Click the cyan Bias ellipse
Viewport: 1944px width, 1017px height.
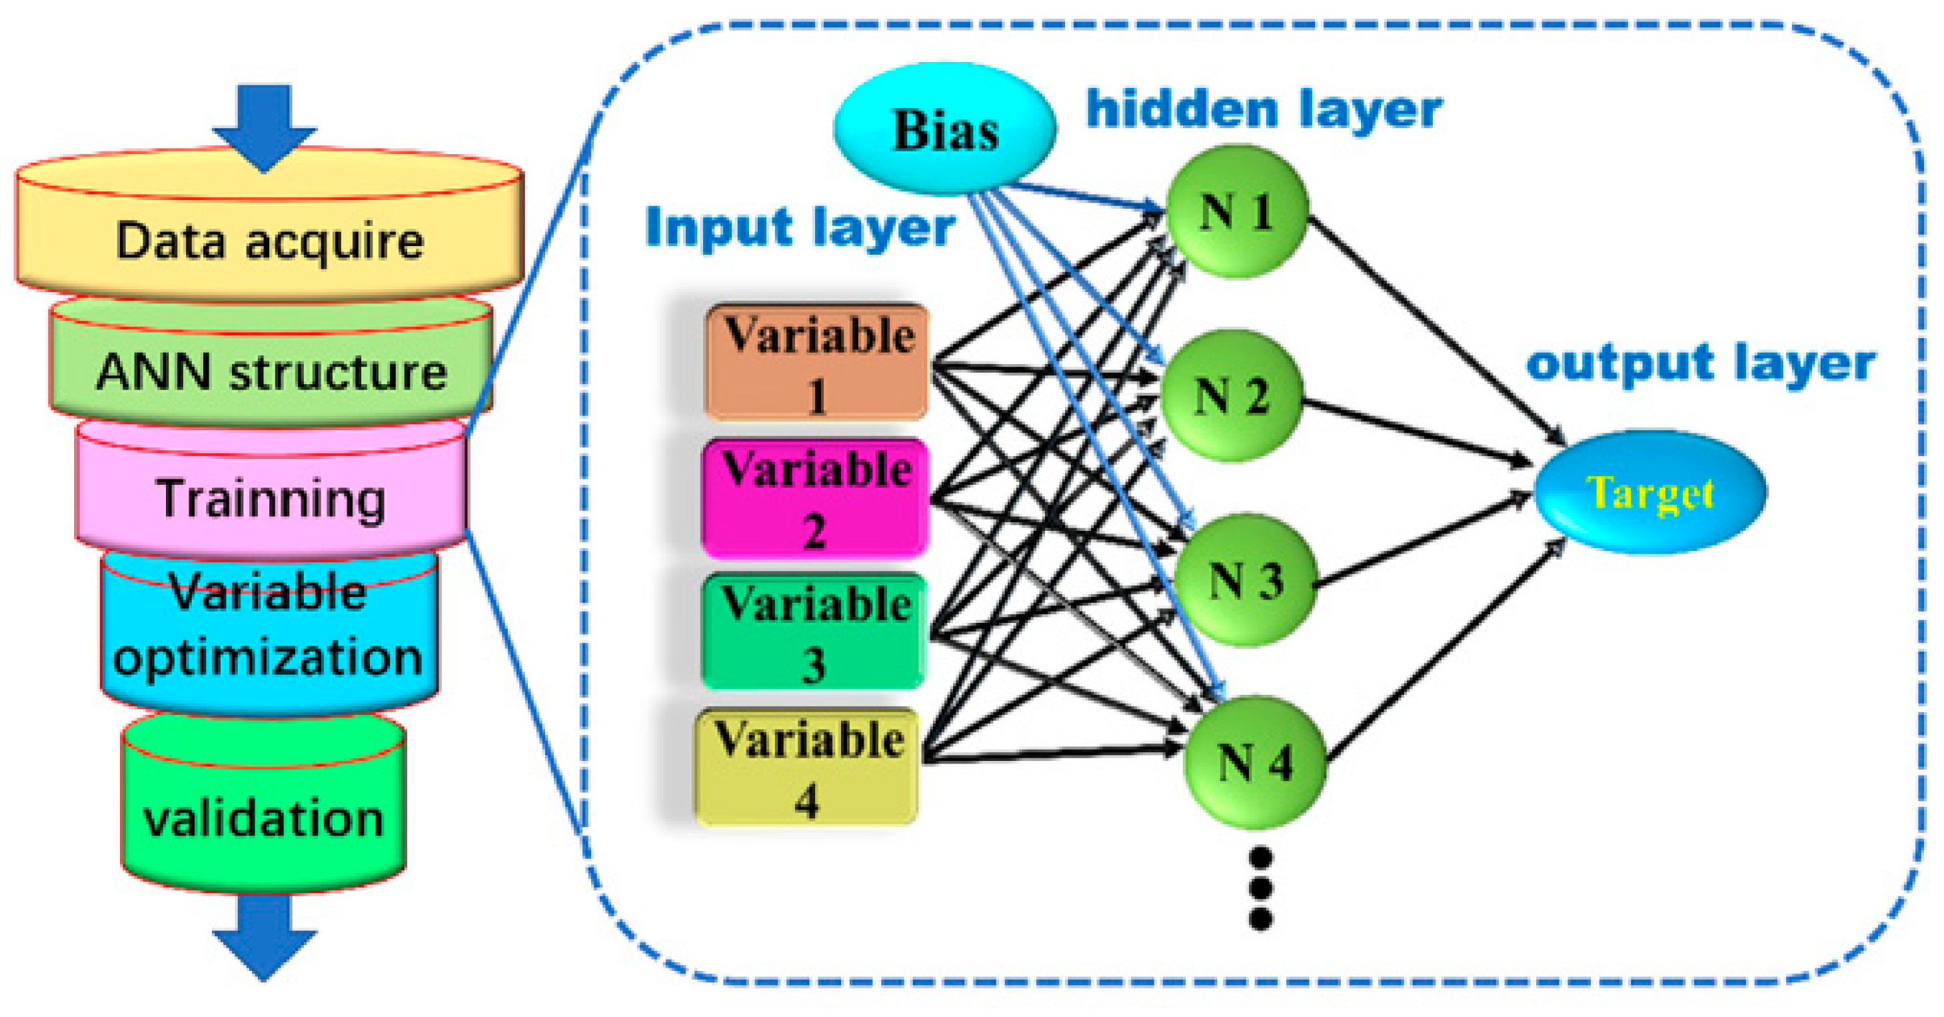tap(945, 130)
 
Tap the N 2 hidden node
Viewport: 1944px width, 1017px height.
tap(1231, 396)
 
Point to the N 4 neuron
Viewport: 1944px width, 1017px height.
tap(1254, 762)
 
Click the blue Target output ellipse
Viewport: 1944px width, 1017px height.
tap(1651, 492)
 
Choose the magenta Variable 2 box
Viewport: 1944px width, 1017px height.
tap(814, 498)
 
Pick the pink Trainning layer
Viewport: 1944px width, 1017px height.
tap(271, 498)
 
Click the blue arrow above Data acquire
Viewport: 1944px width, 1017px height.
tap(264, 125)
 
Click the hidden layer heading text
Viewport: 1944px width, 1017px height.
tap(1264, 110)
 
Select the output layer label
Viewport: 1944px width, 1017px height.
tap(1699, 364)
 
